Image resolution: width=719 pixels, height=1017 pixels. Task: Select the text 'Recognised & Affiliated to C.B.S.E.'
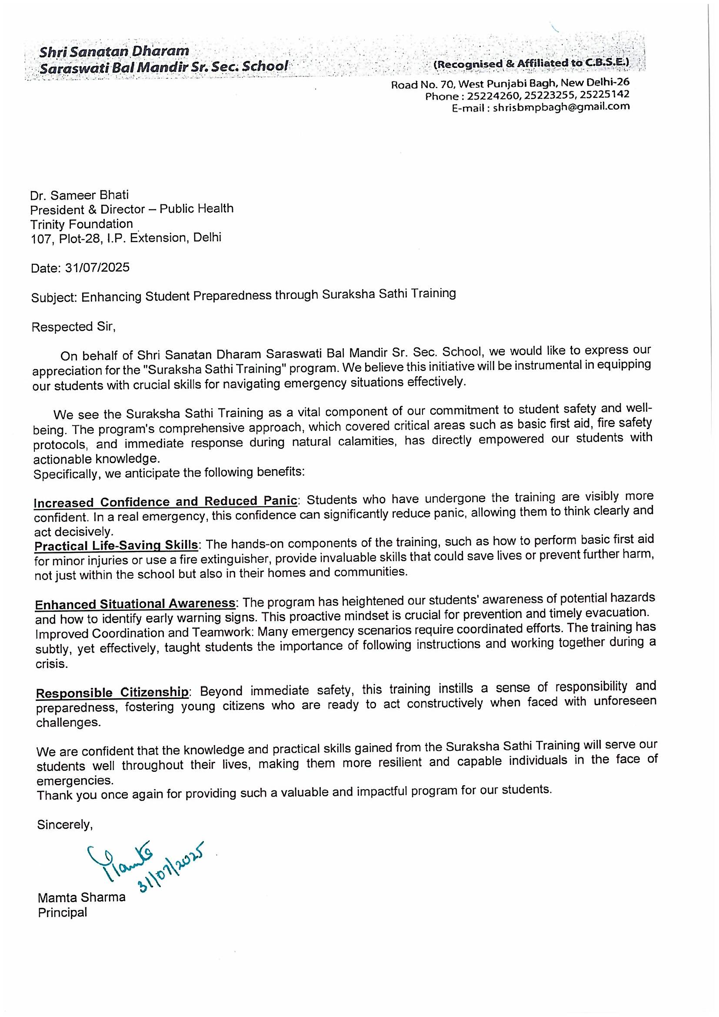coord(531,64)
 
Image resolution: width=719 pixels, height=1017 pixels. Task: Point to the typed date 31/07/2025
coord(97,268)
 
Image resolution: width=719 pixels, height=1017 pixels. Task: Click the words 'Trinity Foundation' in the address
coord(81,223)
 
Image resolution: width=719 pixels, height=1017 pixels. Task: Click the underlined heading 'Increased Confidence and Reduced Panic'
coord(165,501)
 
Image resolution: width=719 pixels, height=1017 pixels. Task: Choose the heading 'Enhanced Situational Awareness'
coord(135,604)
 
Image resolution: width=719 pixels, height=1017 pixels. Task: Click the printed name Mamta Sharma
coord(82,898)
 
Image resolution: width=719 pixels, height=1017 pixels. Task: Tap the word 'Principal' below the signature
coord(63,913)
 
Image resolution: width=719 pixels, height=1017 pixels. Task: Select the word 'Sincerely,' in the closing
coord(65,824)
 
